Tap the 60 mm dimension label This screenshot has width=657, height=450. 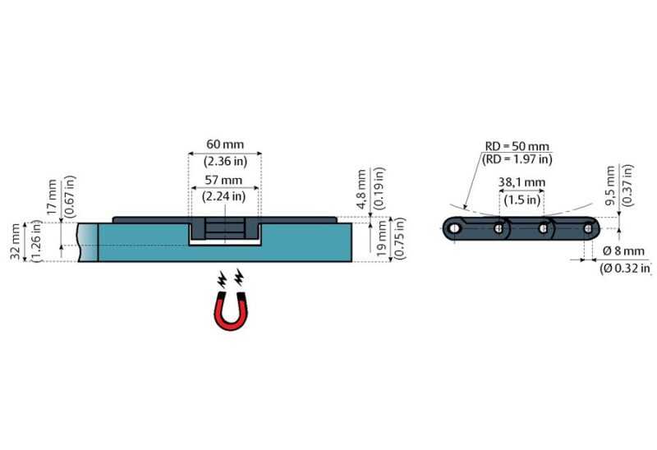(225, 145)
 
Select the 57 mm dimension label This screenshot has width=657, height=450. (223, 180)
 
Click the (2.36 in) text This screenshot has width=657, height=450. (225, 161)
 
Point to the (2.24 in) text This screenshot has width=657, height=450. (223, 196)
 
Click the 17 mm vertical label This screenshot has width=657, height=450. (52, 197)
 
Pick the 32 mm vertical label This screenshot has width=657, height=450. (16, 241)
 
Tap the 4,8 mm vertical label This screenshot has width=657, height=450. (361, 190)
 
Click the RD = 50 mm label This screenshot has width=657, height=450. (517, 146)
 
